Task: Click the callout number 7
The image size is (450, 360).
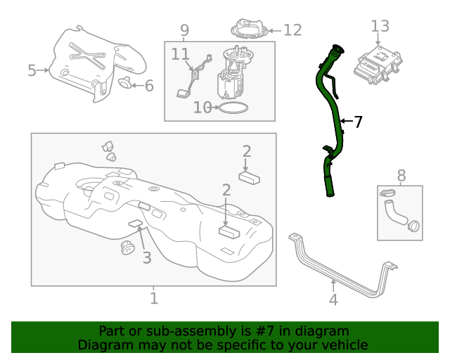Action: [x=358, y=122]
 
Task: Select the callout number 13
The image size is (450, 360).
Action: [x=380, y=27]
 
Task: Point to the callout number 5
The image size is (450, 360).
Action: [x=32, y=70]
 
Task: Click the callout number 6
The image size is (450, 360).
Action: [x=148, y=86]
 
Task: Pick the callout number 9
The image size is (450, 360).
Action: [x=184, y=30]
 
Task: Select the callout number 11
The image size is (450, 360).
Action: [x=180, y=54]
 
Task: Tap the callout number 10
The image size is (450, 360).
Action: [x=202, y=108]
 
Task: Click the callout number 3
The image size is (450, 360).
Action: [x=146, y=258]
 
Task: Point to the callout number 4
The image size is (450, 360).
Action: [x=333, y=300]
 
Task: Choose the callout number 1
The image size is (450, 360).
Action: [x=154, y=299]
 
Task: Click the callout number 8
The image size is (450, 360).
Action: [x=401, y=174]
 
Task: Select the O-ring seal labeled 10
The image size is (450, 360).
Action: [x=233, y=108]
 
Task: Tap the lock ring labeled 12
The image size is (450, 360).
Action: [x=250, y=30]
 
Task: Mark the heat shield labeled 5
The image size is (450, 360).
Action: [x=84, y=63]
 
